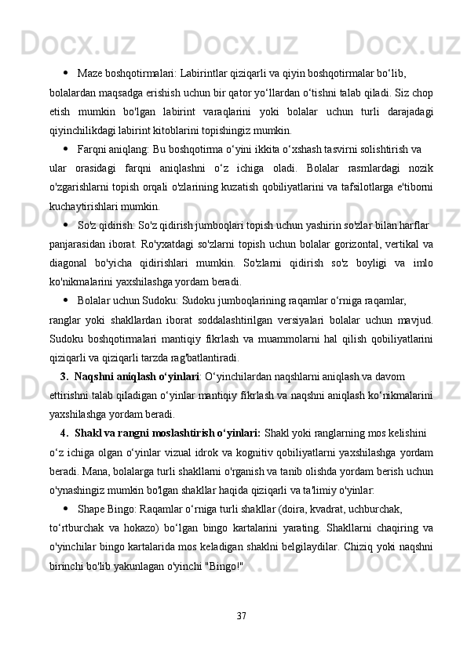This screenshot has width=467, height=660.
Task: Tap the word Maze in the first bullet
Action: (89, 74)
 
